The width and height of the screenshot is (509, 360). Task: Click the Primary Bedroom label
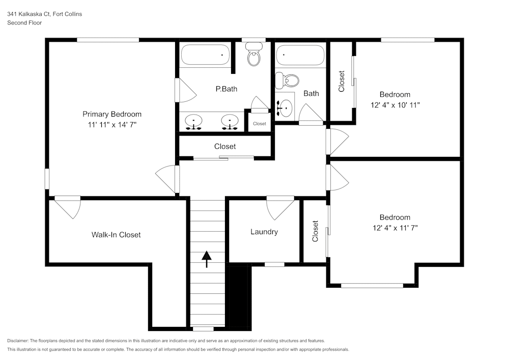pyautogui.click(x=112, y=114)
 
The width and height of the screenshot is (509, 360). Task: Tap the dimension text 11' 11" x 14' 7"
pyautogui.click(x=112, y=124)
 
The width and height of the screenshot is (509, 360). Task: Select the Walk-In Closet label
pyautogui.click(x=116, y=235)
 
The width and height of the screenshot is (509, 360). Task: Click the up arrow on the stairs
pyautogui.click(x=207, y=259)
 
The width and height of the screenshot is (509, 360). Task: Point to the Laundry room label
pyautogui.click(x=264, y=232)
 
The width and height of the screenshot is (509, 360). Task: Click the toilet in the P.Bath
pyautogui.click(x=253, y=54)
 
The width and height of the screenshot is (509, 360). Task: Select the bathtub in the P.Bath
pyautogui.click(x=206, y=54)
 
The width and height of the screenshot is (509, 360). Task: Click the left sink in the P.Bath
pyautogui.click(x=194, y=122)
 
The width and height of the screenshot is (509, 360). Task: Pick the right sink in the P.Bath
pyautogui.click(x=230, y=122)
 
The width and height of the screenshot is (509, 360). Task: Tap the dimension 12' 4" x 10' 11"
pyautogui.click(x=395, y=104)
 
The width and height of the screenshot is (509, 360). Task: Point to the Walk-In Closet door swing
pyautogui.click(x=68, y=207)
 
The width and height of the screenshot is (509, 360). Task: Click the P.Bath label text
pyautogui.click(x=226, y=89)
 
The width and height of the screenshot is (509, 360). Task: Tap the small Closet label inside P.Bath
pyautogui.click(x=260, y=124)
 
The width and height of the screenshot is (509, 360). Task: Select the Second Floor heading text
pyautogui.click(x=24, y=23)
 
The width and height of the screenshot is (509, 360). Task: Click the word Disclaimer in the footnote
pyautogui.click(x=18, y=341)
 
